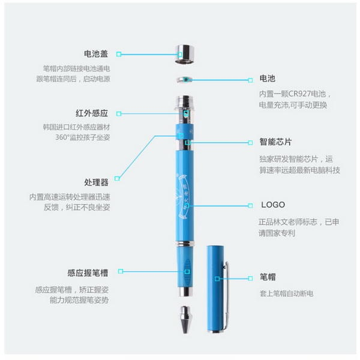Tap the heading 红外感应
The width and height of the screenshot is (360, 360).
(x=92, y=113)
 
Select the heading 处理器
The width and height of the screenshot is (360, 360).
(x=96, y=182)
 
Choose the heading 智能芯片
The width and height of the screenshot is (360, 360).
(x=275, y=143)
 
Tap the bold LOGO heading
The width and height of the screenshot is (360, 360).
(x=272, y=205)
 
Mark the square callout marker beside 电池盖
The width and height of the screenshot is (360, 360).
(x=119, y=54)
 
